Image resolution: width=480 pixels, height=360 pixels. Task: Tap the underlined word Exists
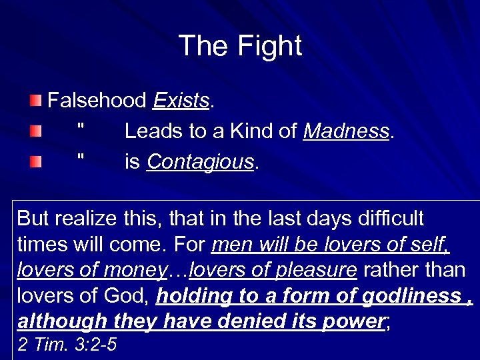click(x=181, y=101)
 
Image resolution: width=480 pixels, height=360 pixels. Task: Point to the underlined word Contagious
click(x=200, y=162)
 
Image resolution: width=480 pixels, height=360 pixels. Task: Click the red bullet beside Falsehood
click(x=35, y=101)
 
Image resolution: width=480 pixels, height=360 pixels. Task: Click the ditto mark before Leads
click(x=81, y=129)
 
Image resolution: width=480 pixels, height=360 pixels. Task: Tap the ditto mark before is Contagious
click(x=81, y=159)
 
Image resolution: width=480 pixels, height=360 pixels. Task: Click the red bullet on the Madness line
click(x=35, y=132)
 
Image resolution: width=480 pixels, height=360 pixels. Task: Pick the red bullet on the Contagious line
click(x=35, y=162)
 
